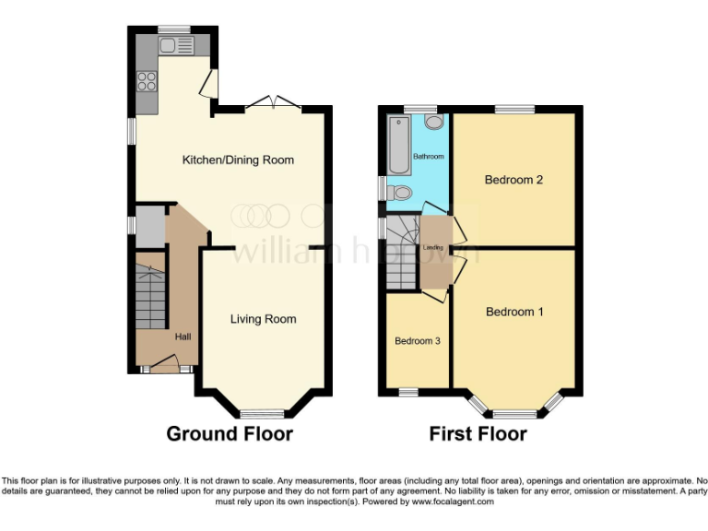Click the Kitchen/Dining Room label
pos(238,160)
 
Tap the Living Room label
pos(263,319)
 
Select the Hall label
pos(183,336)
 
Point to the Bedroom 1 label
pos(514,312)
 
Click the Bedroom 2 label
pos(513,180)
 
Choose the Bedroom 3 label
pos(418,341)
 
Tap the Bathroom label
pos(428,157)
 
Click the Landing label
pos(433,248)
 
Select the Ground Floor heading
pos(230,433)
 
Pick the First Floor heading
pos(478,433)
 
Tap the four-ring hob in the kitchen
pos(147,81)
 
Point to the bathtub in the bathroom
pos(398,146)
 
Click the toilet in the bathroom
pos(398,193)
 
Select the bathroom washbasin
pos(433,122)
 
